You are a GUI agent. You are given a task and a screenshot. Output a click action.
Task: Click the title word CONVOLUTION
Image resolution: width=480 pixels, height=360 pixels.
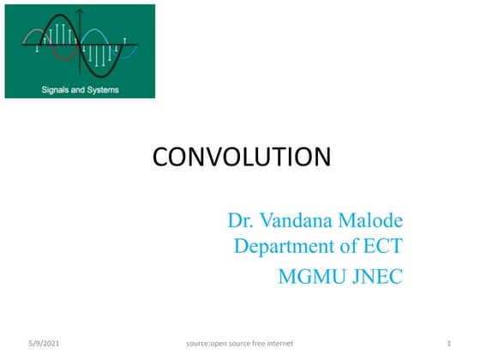pyautogui.click(x=241, y=157)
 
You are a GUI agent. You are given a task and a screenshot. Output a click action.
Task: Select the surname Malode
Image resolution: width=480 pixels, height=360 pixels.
pyautogui.click(x=370, y=220)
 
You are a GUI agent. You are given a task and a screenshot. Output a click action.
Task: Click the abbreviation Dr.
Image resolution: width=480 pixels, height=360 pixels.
pyautogui.click(x=240, y=220)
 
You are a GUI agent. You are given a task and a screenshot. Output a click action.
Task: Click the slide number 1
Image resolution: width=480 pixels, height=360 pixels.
pyautogui.click(x=448, y=344)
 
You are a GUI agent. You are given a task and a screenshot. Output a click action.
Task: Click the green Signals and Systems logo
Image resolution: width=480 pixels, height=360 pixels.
pyautogui.click(x=80, y=51)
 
